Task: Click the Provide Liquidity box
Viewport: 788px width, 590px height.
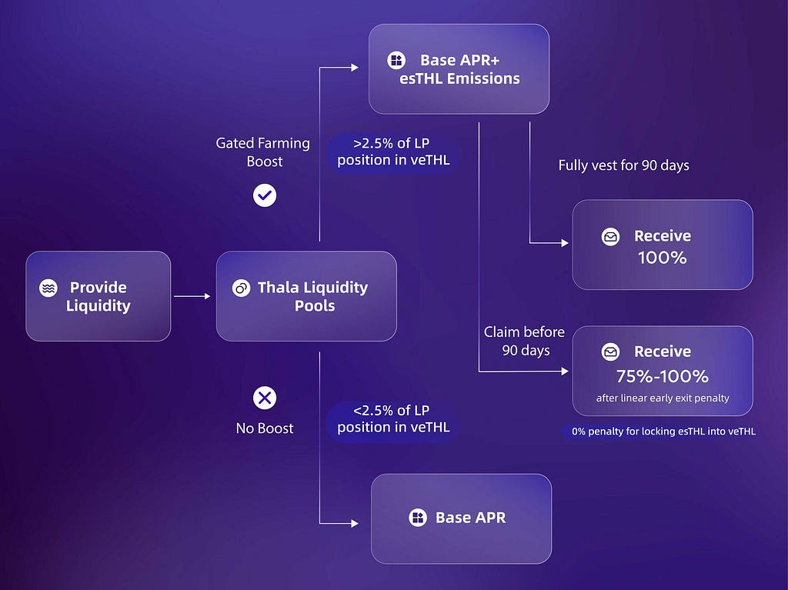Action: click(x=98, y=296)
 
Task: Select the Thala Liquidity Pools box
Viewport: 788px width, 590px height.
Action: click(x=306, y=296)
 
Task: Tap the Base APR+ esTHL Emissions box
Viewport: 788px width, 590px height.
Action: click(x=459, y=69)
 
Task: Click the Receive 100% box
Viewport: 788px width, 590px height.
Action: click(x=663, y=245)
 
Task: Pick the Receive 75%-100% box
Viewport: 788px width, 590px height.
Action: click(x=663, y=371)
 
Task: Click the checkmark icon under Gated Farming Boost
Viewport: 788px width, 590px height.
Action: click(x=265, y=195)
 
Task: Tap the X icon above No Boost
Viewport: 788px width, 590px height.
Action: click(x=265, y=398)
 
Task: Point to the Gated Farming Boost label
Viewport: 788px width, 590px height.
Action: click(x=263, y=152)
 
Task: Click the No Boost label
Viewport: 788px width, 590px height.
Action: click(x=265, y=428)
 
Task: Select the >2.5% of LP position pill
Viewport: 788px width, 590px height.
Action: click(x=393, y=152)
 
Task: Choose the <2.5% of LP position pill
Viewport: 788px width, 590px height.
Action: click(x=393, y=418)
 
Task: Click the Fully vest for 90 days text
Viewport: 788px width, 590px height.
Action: click(x=623, y=165)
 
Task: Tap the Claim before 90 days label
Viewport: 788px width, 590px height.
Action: click(x=525, y=342)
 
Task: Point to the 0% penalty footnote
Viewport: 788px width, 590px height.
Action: click(x=663, y=432)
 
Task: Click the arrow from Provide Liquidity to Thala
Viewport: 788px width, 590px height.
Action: click(x=192, y=296)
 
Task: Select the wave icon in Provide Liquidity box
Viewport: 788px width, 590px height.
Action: click(x=48, y=288)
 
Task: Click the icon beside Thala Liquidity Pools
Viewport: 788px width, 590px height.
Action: click(x=241, y=288)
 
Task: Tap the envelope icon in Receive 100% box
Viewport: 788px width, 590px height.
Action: click(x=610, y=236)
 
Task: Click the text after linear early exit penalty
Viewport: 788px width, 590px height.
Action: click(x=663, y=398)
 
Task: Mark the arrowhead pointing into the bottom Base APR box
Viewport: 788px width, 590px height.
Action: click(x=355, y=523)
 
